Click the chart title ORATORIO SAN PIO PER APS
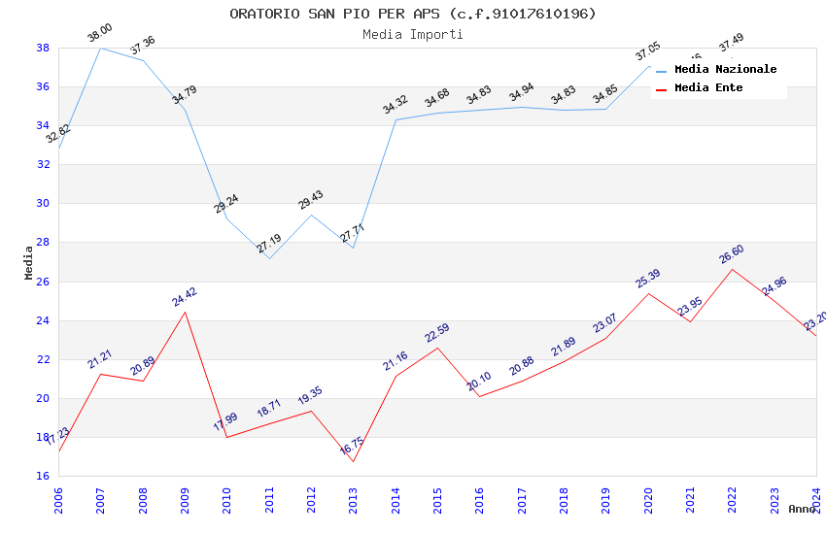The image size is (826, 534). [413, 14]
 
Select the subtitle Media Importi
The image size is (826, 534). [413, 35]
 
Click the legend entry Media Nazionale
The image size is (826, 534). [725, 70]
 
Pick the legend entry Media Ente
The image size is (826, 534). [708, 88]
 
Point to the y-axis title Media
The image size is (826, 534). [29, 262]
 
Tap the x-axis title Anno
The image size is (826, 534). [802, 509]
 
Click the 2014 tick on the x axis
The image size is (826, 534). [396, 500]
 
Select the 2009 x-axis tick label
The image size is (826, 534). [185, 500]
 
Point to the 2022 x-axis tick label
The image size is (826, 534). [732, 500]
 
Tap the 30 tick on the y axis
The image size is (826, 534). [43, 204]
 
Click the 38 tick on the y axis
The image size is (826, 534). [43, 48]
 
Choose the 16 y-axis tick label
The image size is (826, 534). [43, 477]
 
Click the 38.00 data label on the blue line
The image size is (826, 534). [100, 34]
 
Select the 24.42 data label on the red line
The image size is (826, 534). [185, 297]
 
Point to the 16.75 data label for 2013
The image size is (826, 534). [352, 447]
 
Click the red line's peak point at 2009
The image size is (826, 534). [185, 312]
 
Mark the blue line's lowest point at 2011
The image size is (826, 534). [269, 258]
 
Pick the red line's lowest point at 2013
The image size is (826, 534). [353, 461]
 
